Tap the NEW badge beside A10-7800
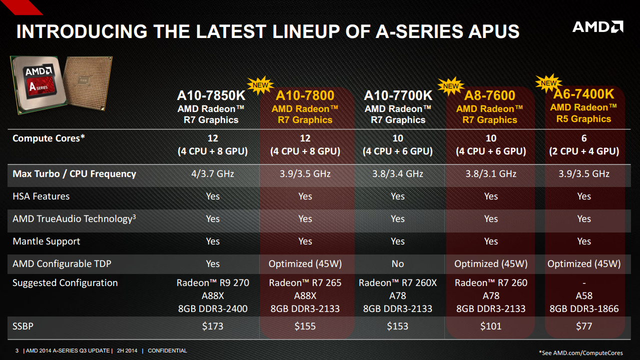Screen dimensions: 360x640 point(260,85)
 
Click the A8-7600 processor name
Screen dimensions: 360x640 point(490,95)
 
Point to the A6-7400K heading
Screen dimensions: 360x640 point(583,94)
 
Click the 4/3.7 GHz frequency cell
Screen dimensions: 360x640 point(213,174)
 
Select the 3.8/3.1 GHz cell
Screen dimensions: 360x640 point(491,174)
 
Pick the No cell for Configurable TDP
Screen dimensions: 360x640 point(398,263)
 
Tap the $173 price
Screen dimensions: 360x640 point(213,326)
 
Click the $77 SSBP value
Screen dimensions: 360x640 point(583,326)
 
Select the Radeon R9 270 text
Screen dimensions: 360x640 point(213,283)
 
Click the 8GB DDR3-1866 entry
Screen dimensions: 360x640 point(583,308)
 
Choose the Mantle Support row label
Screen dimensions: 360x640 point(46,241)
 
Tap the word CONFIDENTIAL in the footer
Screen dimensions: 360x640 point(167,351)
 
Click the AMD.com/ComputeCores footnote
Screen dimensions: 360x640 point(581,353)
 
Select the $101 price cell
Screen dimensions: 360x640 point(491,326)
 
